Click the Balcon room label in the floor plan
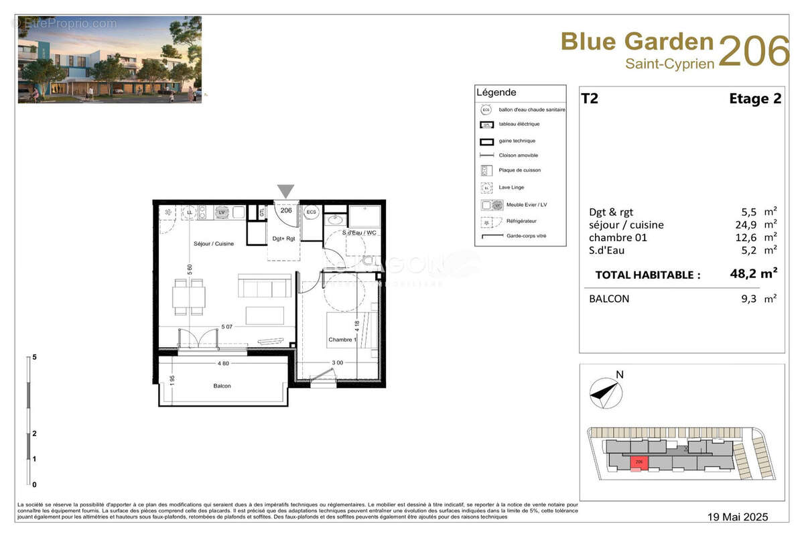[222, 386]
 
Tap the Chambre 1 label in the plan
[341, 340]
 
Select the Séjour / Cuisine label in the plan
[214, 244]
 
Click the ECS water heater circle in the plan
[311, 212]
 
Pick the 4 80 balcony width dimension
[224, 364]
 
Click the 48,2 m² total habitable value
[753, 273]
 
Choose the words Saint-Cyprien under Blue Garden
[669, 64]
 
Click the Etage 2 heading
[754, 99]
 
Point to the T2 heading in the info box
[590, 99]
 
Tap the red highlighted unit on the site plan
[639, 462]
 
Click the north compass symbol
[604, 392]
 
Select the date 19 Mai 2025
[738, 517]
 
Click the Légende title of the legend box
[496, 92]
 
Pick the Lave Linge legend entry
[511, 188]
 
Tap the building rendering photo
[109, 60]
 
